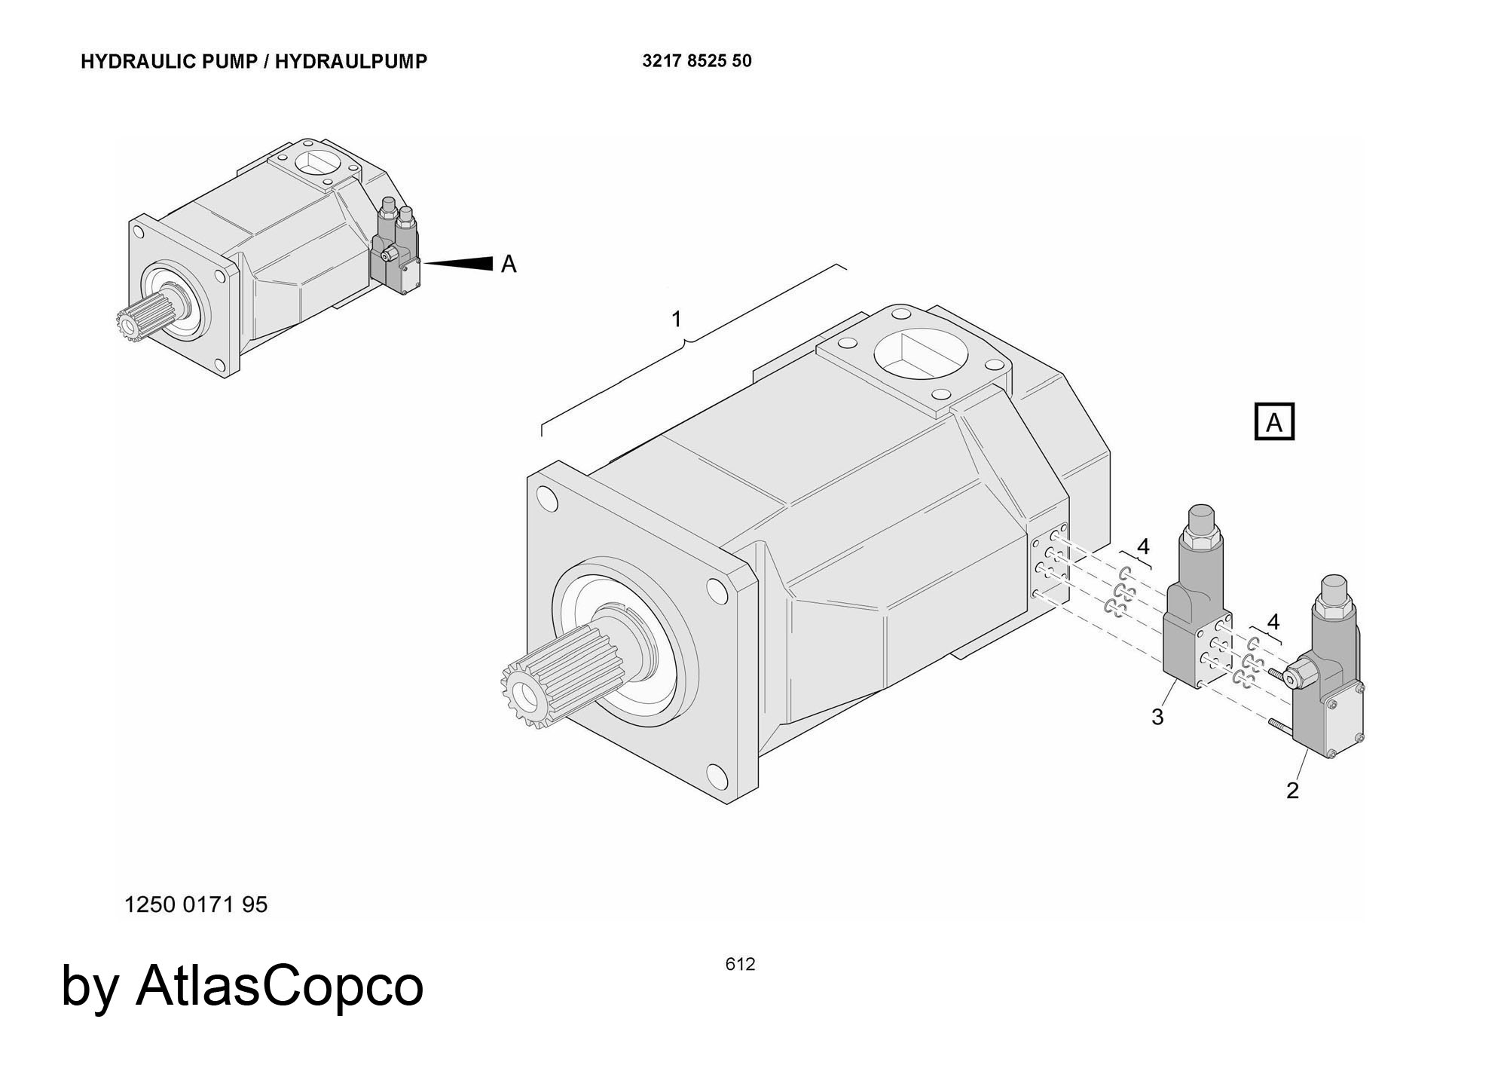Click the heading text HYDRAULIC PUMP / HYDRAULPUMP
(254, 62)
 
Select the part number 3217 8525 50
(696, 61)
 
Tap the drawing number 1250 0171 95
(196, 904)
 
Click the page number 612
(740, 964)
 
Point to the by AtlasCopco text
(242, 985)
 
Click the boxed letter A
(1273, 422)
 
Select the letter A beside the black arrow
(509, 265)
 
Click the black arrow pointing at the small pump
(460, 263)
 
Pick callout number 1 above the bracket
(676, 320)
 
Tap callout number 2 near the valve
(1292, 791)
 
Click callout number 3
(1157, 717)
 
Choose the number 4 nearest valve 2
(1273, 622)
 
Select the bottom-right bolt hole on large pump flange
(717, 776)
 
